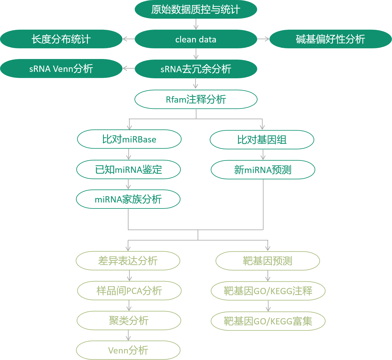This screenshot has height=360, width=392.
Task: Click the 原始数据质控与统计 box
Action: (x=196, y=9)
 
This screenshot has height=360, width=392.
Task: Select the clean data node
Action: (x=196, y=39)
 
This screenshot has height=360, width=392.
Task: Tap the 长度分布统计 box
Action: (x=61, y=39)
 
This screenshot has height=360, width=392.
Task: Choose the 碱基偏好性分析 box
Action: (x=331, y=39)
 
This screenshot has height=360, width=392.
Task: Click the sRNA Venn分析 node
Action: (x=61, y=69)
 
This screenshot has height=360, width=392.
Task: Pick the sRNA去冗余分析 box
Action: (x=196, y=69)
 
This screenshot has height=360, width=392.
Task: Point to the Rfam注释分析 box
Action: (x=196, y=99)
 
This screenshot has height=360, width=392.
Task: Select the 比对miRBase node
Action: (x=129, y=139)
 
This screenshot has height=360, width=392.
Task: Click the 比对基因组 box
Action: (x=262, y=140)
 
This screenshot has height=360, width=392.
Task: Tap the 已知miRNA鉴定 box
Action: (x=128, y=170)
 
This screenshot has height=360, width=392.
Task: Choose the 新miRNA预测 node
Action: (x=263, y=170)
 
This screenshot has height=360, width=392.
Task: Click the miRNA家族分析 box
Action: (x=128, y=199)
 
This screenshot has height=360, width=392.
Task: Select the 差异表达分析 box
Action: (x=128, y=261)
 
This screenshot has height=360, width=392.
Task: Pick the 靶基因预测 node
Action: (x=268, y=261)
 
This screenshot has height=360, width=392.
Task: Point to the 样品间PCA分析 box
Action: (x=129, y=291)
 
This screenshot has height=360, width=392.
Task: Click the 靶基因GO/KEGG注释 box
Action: (x=268, y=291)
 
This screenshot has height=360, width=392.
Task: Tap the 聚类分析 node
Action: (x=129, y=321)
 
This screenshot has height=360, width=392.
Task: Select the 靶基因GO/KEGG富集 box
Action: (x=268, y=321)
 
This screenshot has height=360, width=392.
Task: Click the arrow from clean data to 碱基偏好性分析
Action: (x=263, y=39)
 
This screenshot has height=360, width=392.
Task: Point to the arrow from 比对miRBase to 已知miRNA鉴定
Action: (x=128, y=154)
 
